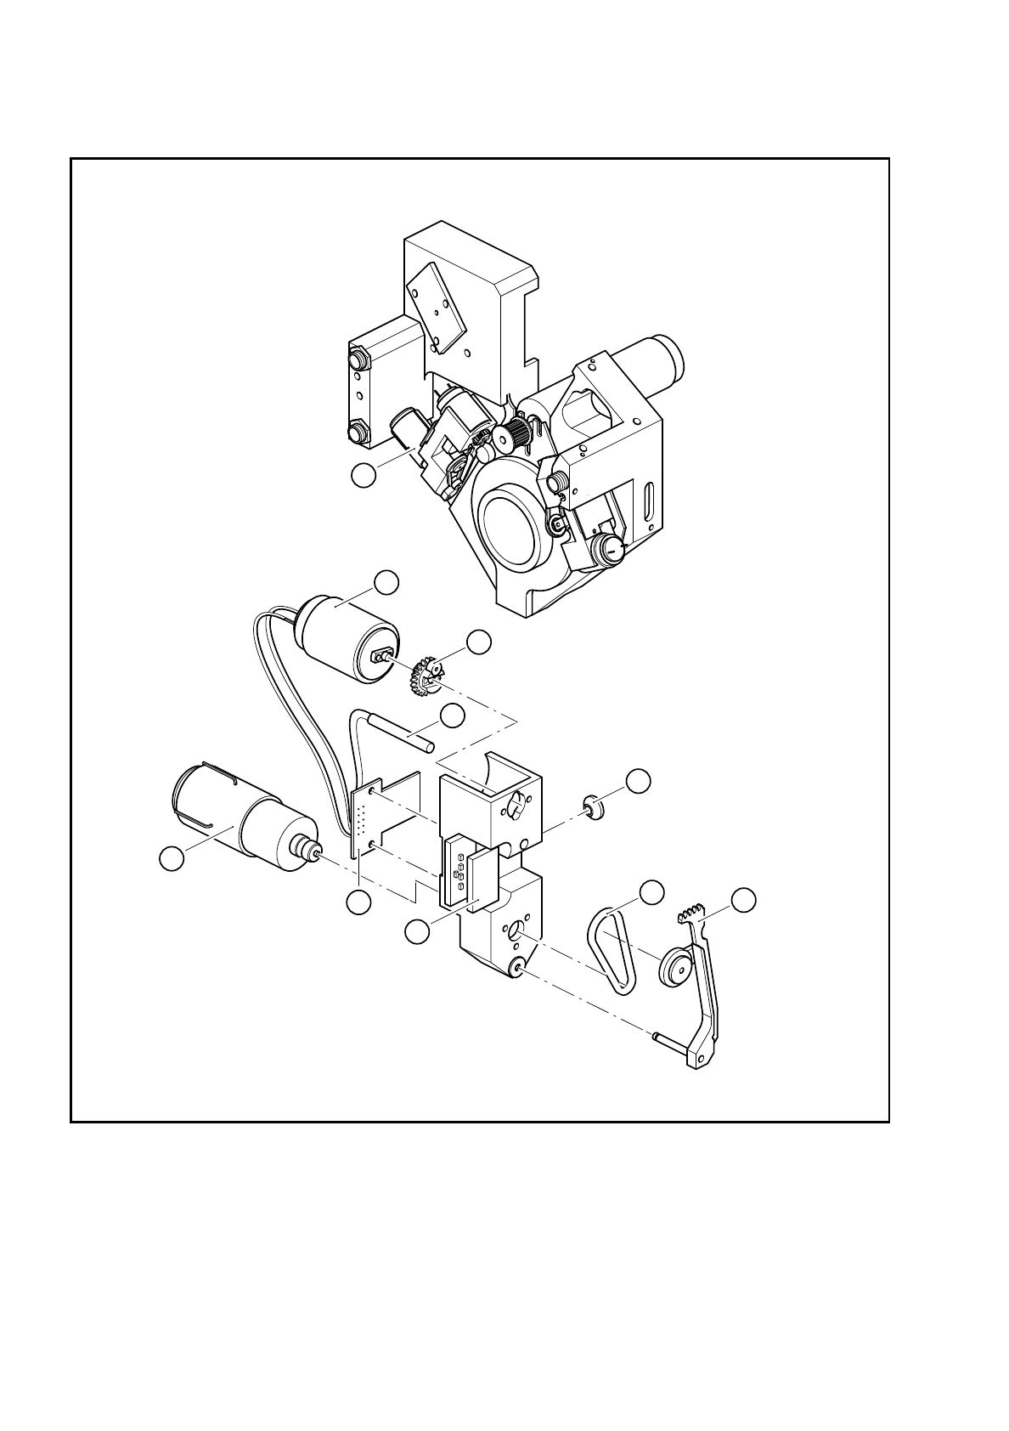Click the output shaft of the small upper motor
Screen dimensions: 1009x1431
coord(381,655)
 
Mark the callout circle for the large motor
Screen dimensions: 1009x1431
coord(172,859)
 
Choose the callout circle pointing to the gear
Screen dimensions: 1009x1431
coord(480,642)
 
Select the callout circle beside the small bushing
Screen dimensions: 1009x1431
coord(639,779)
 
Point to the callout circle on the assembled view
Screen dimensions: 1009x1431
coord(364,476)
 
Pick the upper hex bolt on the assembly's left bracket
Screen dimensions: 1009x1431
coord(358,358)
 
